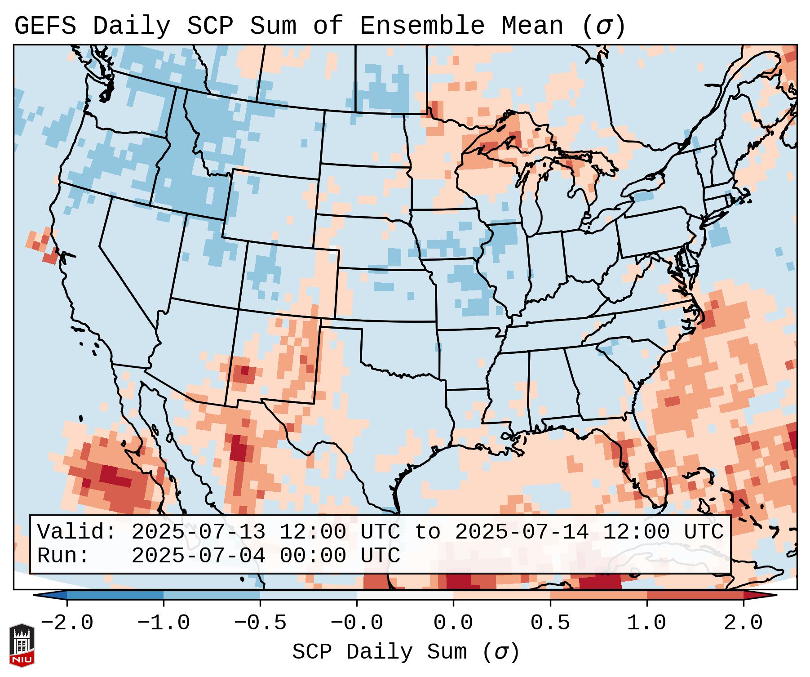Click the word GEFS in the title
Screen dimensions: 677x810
tap(45, 26)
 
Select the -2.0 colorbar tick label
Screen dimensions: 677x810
tap(67, 623)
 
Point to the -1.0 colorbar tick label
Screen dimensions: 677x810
tap(164, 623)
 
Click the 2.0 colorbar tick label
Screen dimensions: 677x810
tap(743, 623)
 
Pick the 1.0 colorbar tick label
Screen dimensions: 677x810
tap(646, 623)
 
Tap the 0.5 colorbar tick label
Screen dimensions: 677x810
tap(550, 623)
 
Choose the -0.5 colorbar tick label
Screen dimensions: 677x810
tap(260, 623)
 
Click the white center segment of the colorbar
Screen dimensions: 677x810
tap(405, 595)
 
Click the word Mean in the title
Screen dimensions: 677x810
tap(532, 26)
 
